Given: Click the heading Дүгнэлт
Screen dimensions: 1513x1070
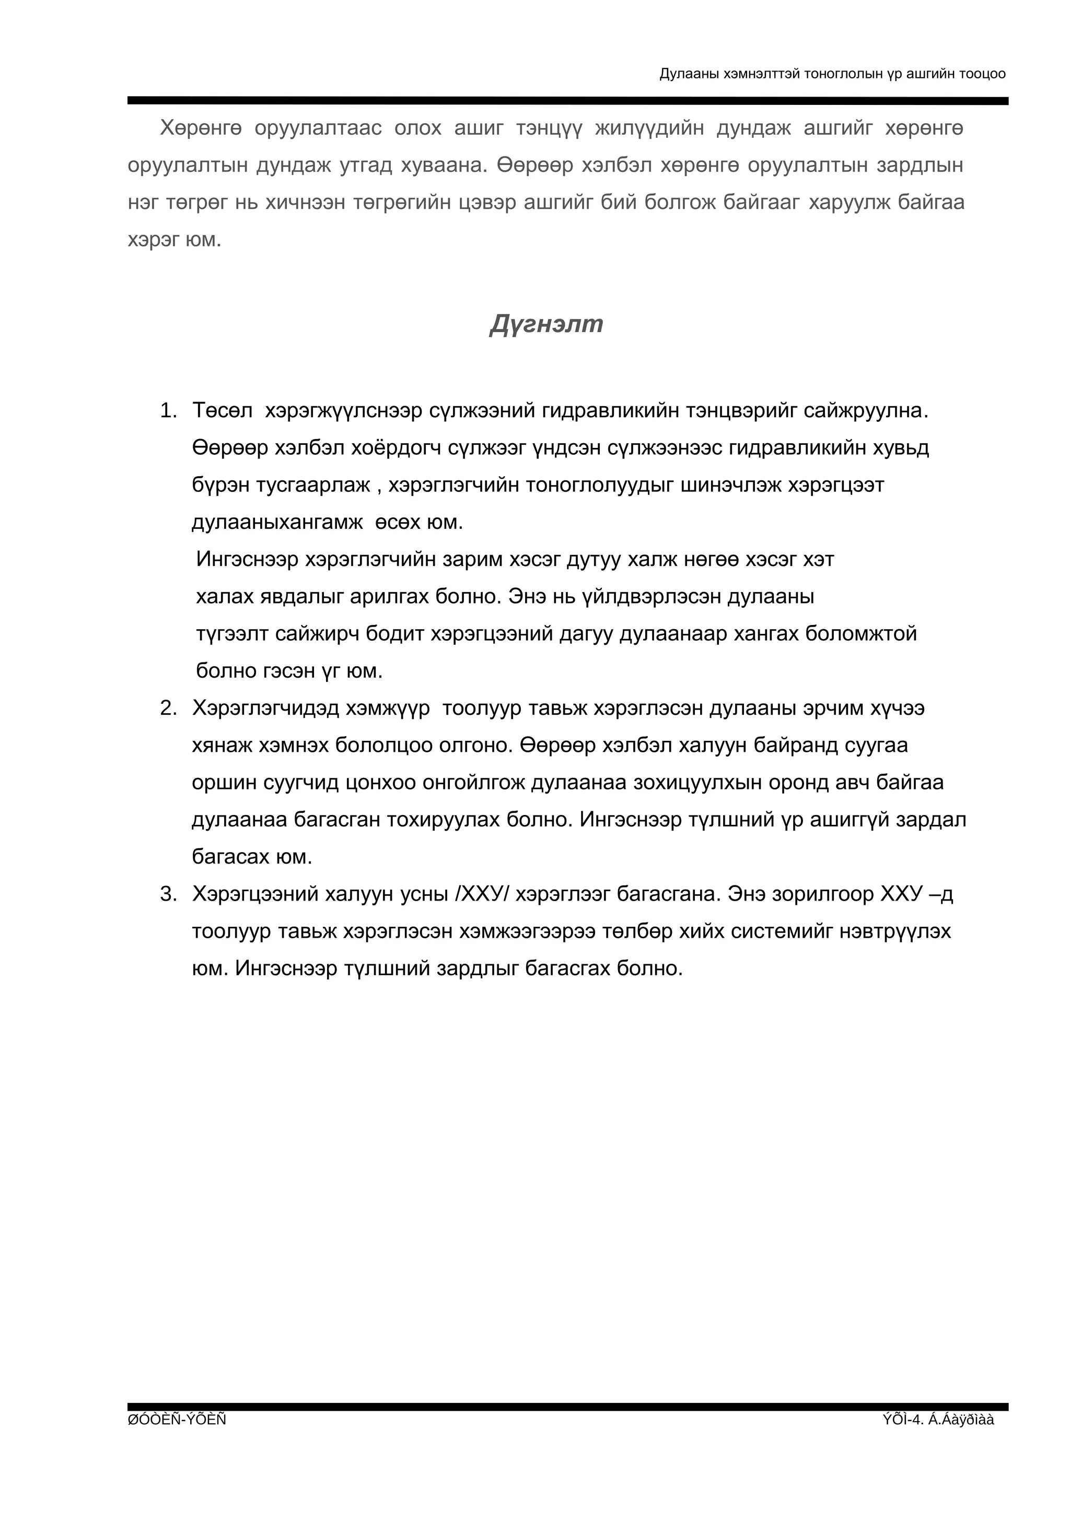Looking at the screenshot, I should pyautogui.click(x=546, y=324).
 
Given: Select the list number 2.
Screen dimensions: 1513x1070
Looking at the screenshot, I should pyautogui.click(x=168, y=708).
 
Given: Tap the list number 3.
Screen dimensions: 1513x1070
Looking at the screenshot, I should pyautogui.click(x=168, y=894).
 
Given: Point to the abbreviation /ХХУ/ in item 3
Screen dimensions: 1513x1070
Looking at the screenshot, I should pyautogui.click(x=483, y=894).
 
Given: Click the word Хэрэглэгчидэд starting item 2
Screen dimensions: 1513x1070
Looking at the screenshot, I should pyautogui.click(x=263, y=708).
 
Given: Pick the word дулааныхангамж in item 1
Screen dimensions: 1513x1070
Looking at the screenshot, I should pyautogui.click(x=277, y=523).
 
